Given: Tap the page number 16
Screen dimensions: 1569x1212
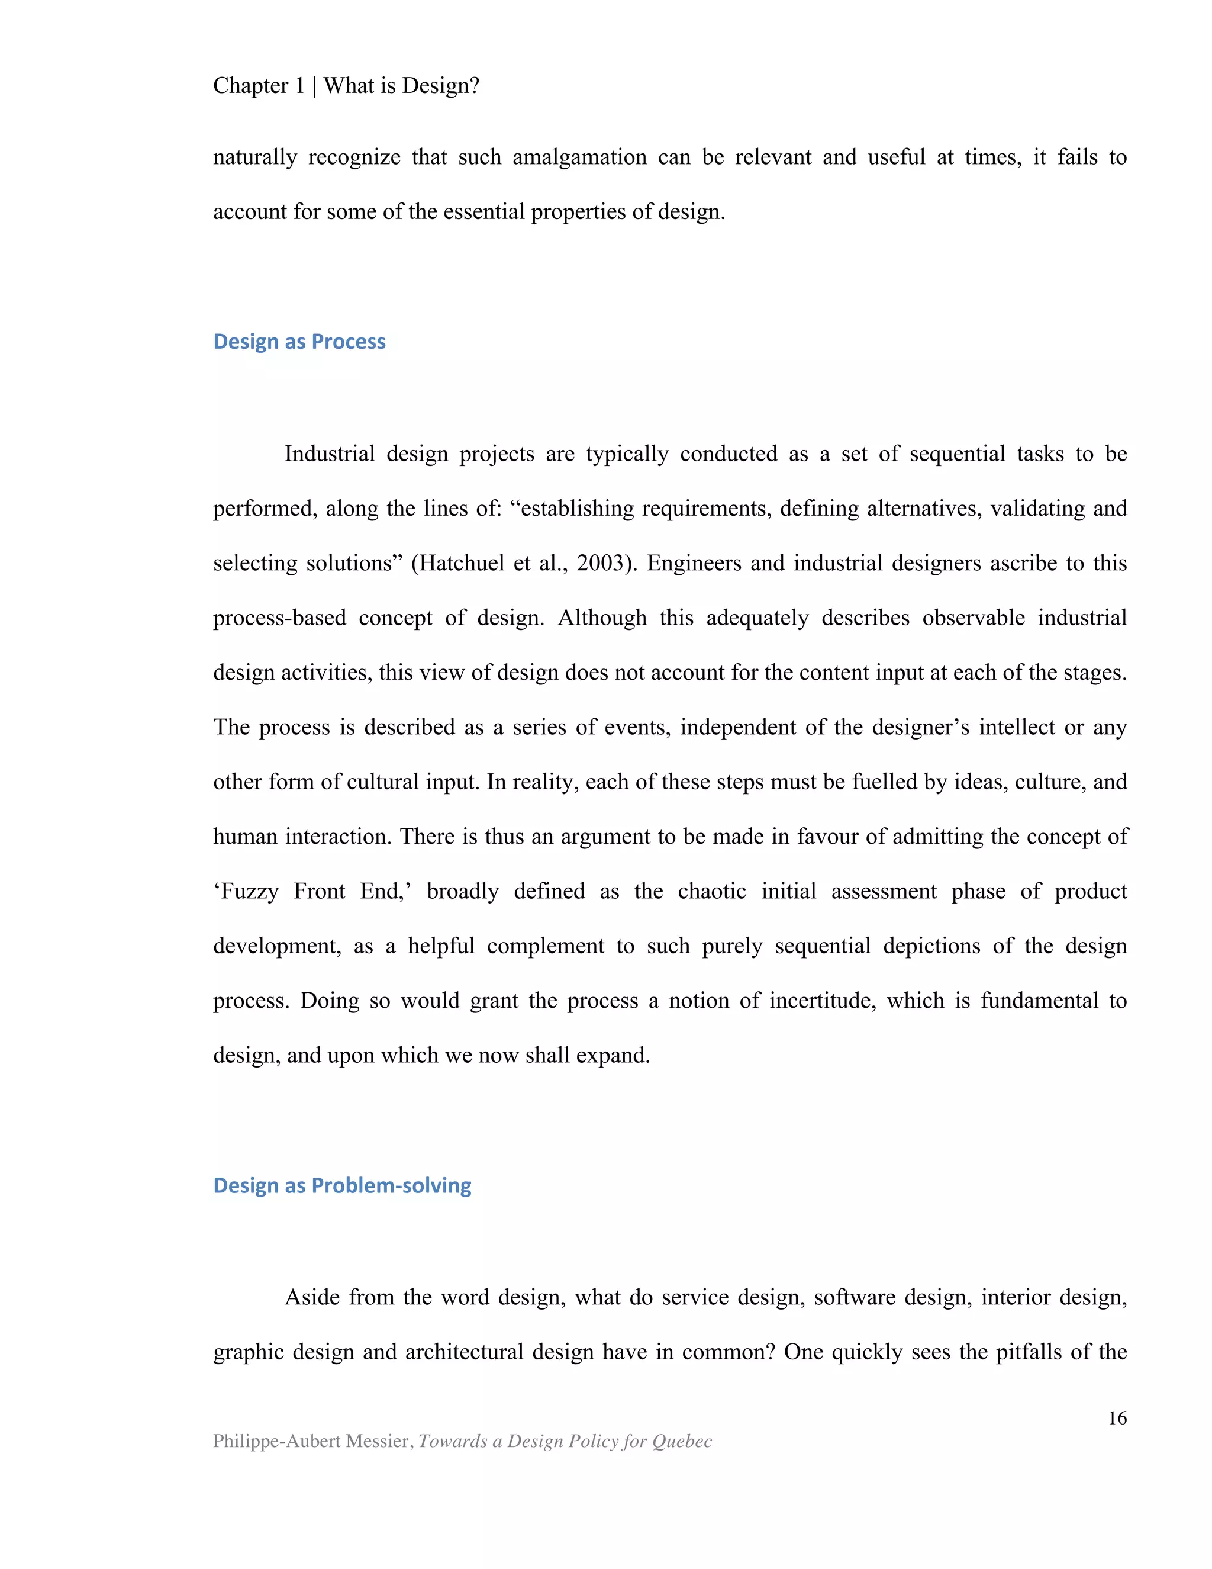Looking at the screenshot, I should pyautogui.click(x=1117, y=1417).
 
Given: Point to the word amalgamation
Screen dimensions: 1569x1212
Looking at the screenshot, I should pyautogui.click(x=579, y=157).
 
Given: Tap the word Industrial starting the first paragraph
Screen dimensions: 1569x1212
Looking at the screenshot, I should pyautogui.click(x=330, y=454).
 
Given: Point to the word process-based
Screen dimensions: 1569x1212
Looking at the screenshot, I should pyautogui.click(x=279, y=618).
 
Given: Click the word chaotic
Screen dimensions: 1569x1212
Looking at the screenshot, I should pyautogui.click(x=711, y=891).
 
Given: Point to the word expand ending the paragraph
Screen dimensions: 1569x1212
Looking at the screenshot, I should pyautogui.click(x=617, y=1054).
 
